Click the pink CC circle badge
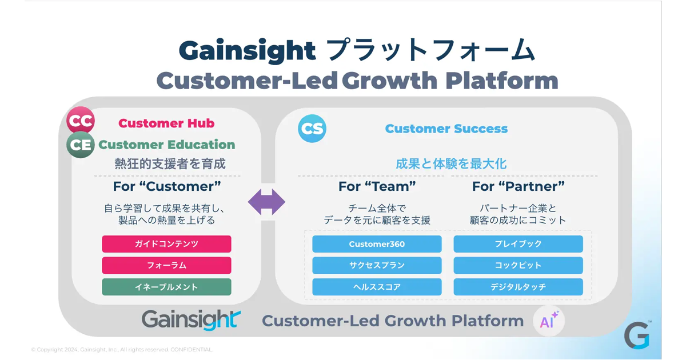[x=81, y=121]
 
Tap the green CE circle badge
[x=81, y=145]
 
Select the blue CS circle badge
[x=312, y=129]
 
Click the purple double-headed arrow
[x=266, y=202]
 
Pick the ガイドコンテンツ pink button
[x=166, y=244]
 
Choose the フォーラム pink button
[x=166, y=265]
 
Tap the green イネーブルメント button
[x=166, y=287]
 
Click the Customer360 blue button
[x=377, y=244]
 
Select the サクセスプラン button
[x=377, y=265]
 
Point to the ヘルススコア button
[x=377, y=287]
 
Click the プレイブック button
[x=518, y=244]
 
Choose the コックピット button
[x=518, y=265]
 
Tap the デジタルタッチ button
[x=518, y=287]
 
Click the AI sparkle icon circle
[x=549, y=321]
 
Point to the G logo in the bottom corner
[x=637, y=335]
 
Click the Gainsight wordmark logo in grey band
[x=191, y=320]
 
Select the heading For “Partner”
[x=518, y=186]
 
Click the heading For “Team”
[x=377, y=186]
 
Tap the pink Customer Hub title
[x=166, y=123]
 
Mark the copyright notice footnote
[x=122, y=350]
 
